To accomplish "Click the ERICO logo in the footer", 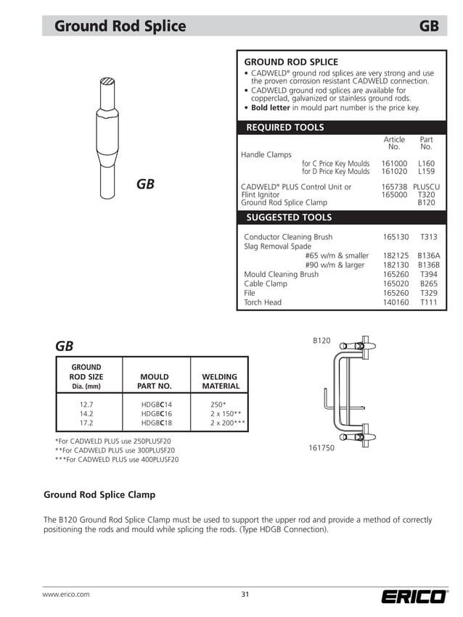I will click(414, 597).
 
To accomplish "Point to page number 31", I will click(245, 595).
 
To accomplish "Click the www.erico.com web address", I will click(66, 595).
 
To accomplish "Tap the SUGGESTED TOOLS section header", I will click(288, 218).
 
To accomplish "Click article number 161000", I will click(394, 164).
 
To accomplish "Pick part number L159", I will click(426, 172).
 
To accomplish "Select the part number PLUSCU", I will click(426, 187).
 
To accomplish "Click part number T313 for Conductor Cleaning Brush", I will click(428, 237).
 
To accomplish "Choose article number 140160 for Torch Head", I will click(396, 302).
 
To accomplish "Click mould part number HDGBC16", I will click(156, 413).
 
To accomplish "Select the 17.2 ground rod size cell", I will click(86, 423).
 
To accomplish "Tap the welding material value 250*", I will click(218, 405).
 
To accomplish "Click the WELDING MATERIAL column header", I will click(220, 381).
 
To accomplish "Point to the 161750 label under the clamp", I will click(321, 448).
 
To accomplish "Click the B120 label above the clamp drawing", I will click(321, 340).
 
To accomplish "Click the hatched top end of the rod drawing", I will click(107, 81).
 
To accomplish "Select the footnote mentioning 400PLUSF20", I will click(117, 460).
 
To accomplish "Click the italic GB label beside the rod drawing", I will click(145, 184).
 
